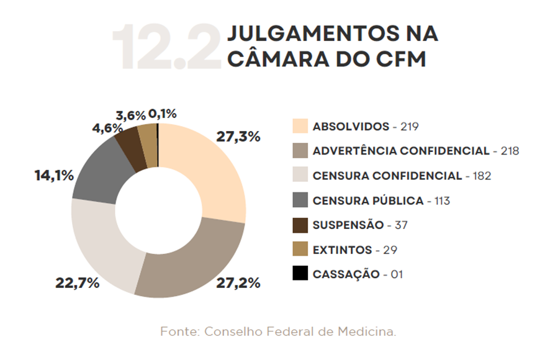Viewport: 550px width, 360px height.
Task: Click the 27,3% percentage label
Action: (x=238, y=137)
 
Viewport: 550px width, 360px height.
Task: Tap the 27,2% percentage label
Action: (x=238, y=283)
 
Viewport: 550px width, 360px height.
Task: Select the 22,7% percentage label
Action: (x=77, y=283)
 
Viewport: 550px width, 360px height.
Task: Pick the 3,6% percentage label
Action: (x=130, y=115)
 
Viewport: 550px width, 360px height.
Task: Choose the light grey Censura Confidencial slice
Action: (x=102, y=242)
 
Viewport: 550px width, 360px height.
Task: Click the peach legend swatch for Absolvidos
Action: (x=300, y=126)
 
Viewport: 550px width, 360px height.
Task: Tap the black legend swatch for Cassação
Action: (x=300, y=273)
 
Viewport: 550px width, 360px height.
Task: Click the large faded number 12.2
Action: (x=166, y=47)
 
